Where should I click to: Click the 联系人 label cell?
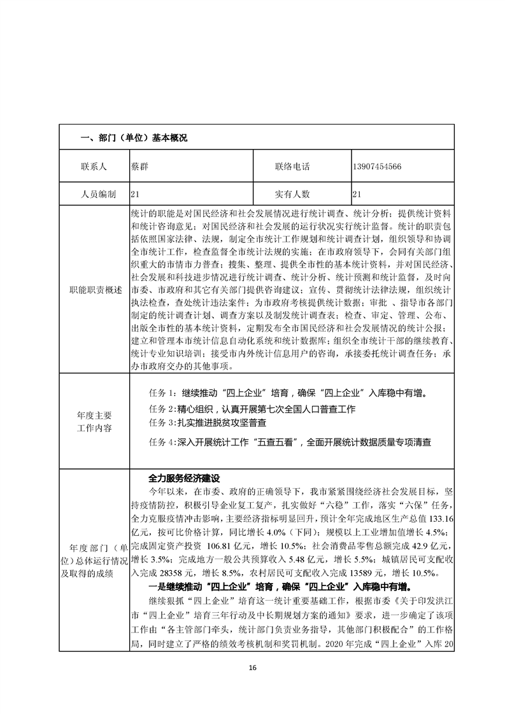coord(94,167)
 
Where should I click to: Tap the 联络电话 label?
coord(292,167)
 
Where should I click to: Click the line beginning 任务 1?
coord(288,393)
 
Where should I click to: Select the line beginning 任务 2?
coord(252,408)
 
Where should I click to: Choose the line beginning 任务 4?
coord(294,441)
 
